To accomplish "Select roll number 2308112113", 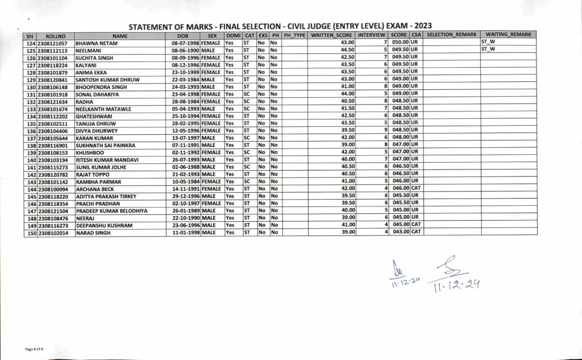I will pyautogui.click(x=52, y=50).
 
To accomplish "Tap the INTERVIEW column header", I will pyautogui.click(x=372, y=35).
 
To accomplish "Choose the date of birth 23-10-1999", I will pyautogui.click(x=184, y=72).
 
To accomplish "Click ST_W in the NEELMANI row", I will pyautogui.click(x=488, y=49).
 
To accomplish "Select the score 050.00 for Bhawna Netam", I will pyautogui.click(x=400, y=43).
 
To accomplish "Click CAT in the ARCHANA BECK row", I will pyautogui.click(x=415, y=189).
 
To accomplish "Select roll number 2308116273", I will pyautogui.click(x=52, y=225).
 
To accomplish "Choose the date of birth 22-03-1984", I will pyautogui.click(x=184, y=80).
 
